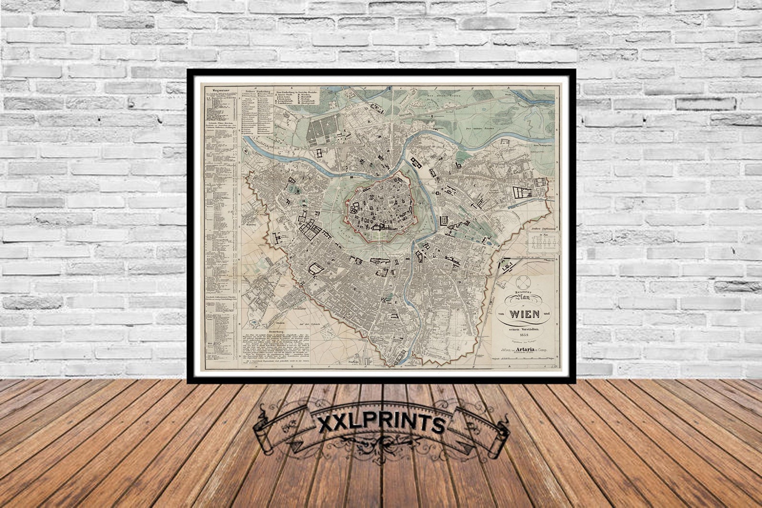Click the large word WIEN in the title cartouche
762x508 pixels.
point(524,315)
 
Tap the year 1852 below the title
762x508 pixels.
point(524,335)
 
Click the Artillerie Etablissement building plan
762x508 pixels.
point(542,242)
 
